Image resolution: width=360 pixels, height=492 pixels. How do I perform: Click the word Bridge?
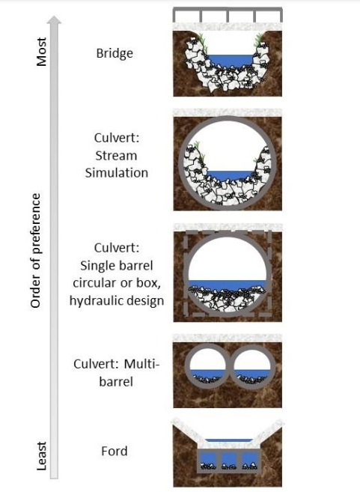coord(115,53)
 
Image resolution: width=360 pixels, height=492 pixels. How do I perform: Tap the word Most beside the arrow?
coord(41,52)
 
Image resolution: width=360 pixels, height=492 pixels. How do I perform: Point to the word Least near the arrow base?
coord(41,456)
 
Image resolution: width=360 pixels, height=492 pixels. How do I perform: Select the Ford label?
coord(115,451)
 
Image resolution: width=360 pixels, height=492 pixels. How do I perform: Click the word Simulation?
coord(117,172)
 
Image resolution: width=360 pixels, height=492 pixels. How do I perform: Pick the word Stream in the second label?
coord(116,156)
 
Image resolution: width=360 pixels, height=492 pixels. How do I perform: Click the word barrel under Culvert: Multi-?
coord(116,382)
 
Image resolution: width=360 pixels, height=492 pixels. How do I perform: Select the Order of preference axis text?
coord(36,250)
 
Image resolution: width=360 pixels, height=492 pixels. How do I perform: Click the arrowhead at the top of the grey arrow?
coord(55,19)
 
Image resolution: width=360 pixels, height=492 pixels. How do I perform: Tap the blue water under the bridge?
coord(231,61)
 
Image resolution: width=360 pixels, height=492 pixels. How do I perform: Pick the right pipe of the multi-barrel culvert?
coord(254,366)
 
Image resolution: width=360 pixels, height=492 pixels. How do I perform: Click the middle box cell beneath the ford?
coord(228,461)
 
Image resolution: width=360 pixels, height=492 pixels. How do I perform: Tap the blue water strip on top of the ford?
coord(229,440)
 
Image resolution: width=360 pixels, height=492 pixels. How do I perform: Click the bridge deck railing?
coord(228,14)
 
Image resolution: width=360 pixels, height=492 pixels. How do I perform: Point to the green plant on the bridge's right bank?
coord(259,40)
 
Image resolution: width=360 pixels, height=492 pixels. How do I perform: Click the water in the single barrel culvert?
coord(228,285)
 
